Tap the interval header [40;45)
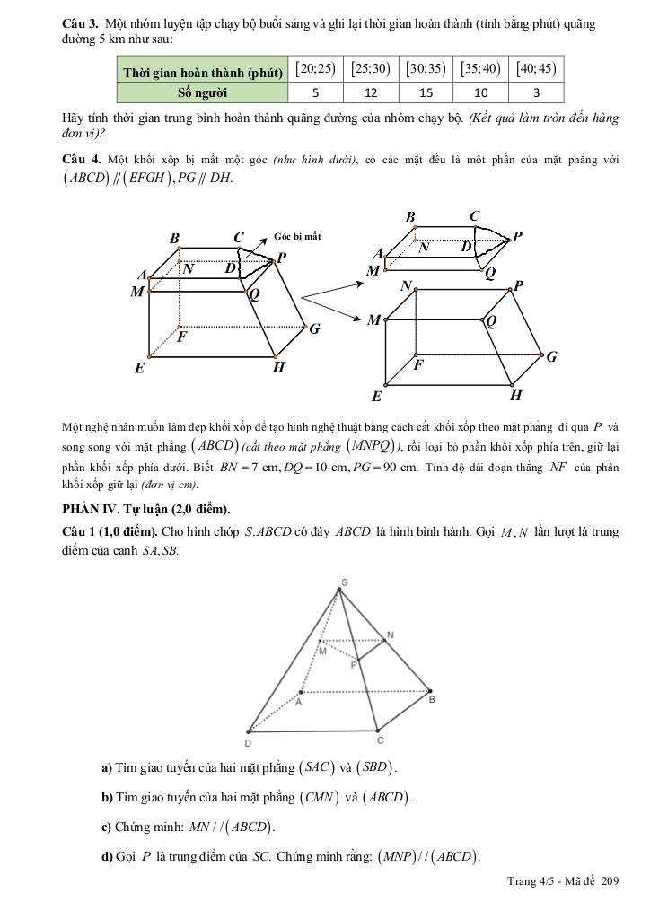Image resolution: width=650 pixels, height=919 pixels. point(538,69)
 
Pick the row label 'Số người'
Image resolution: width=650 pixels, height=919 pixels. point(201,92)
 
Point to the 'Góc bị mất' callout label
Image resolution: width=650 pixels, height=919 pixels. point(296,237)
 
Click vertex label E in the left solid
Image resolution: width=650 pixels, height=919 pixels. point(139,367)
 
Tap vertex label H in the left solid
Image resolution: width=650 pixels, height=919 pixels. point(279,366)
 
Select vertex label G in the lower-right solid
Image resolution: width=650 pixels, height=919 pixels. point(551,356)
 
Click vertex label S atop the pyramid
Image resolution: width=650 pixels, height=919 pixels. point(341,582)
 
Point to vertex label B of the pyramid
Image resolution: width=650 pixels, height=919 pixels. point(432,699)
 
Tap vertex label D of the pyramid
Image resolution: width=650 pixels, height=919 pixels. point(248,744)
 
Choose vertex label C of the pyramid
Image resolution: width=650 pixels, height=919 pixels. point(381,740)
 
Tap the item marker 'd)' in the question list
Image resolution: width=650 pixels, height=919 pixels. point(107,856)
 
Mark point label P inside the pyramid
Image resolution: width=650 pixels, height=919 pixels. point(354,664)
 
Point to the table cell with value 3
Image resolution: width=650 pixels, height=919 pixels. point(537,92)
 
